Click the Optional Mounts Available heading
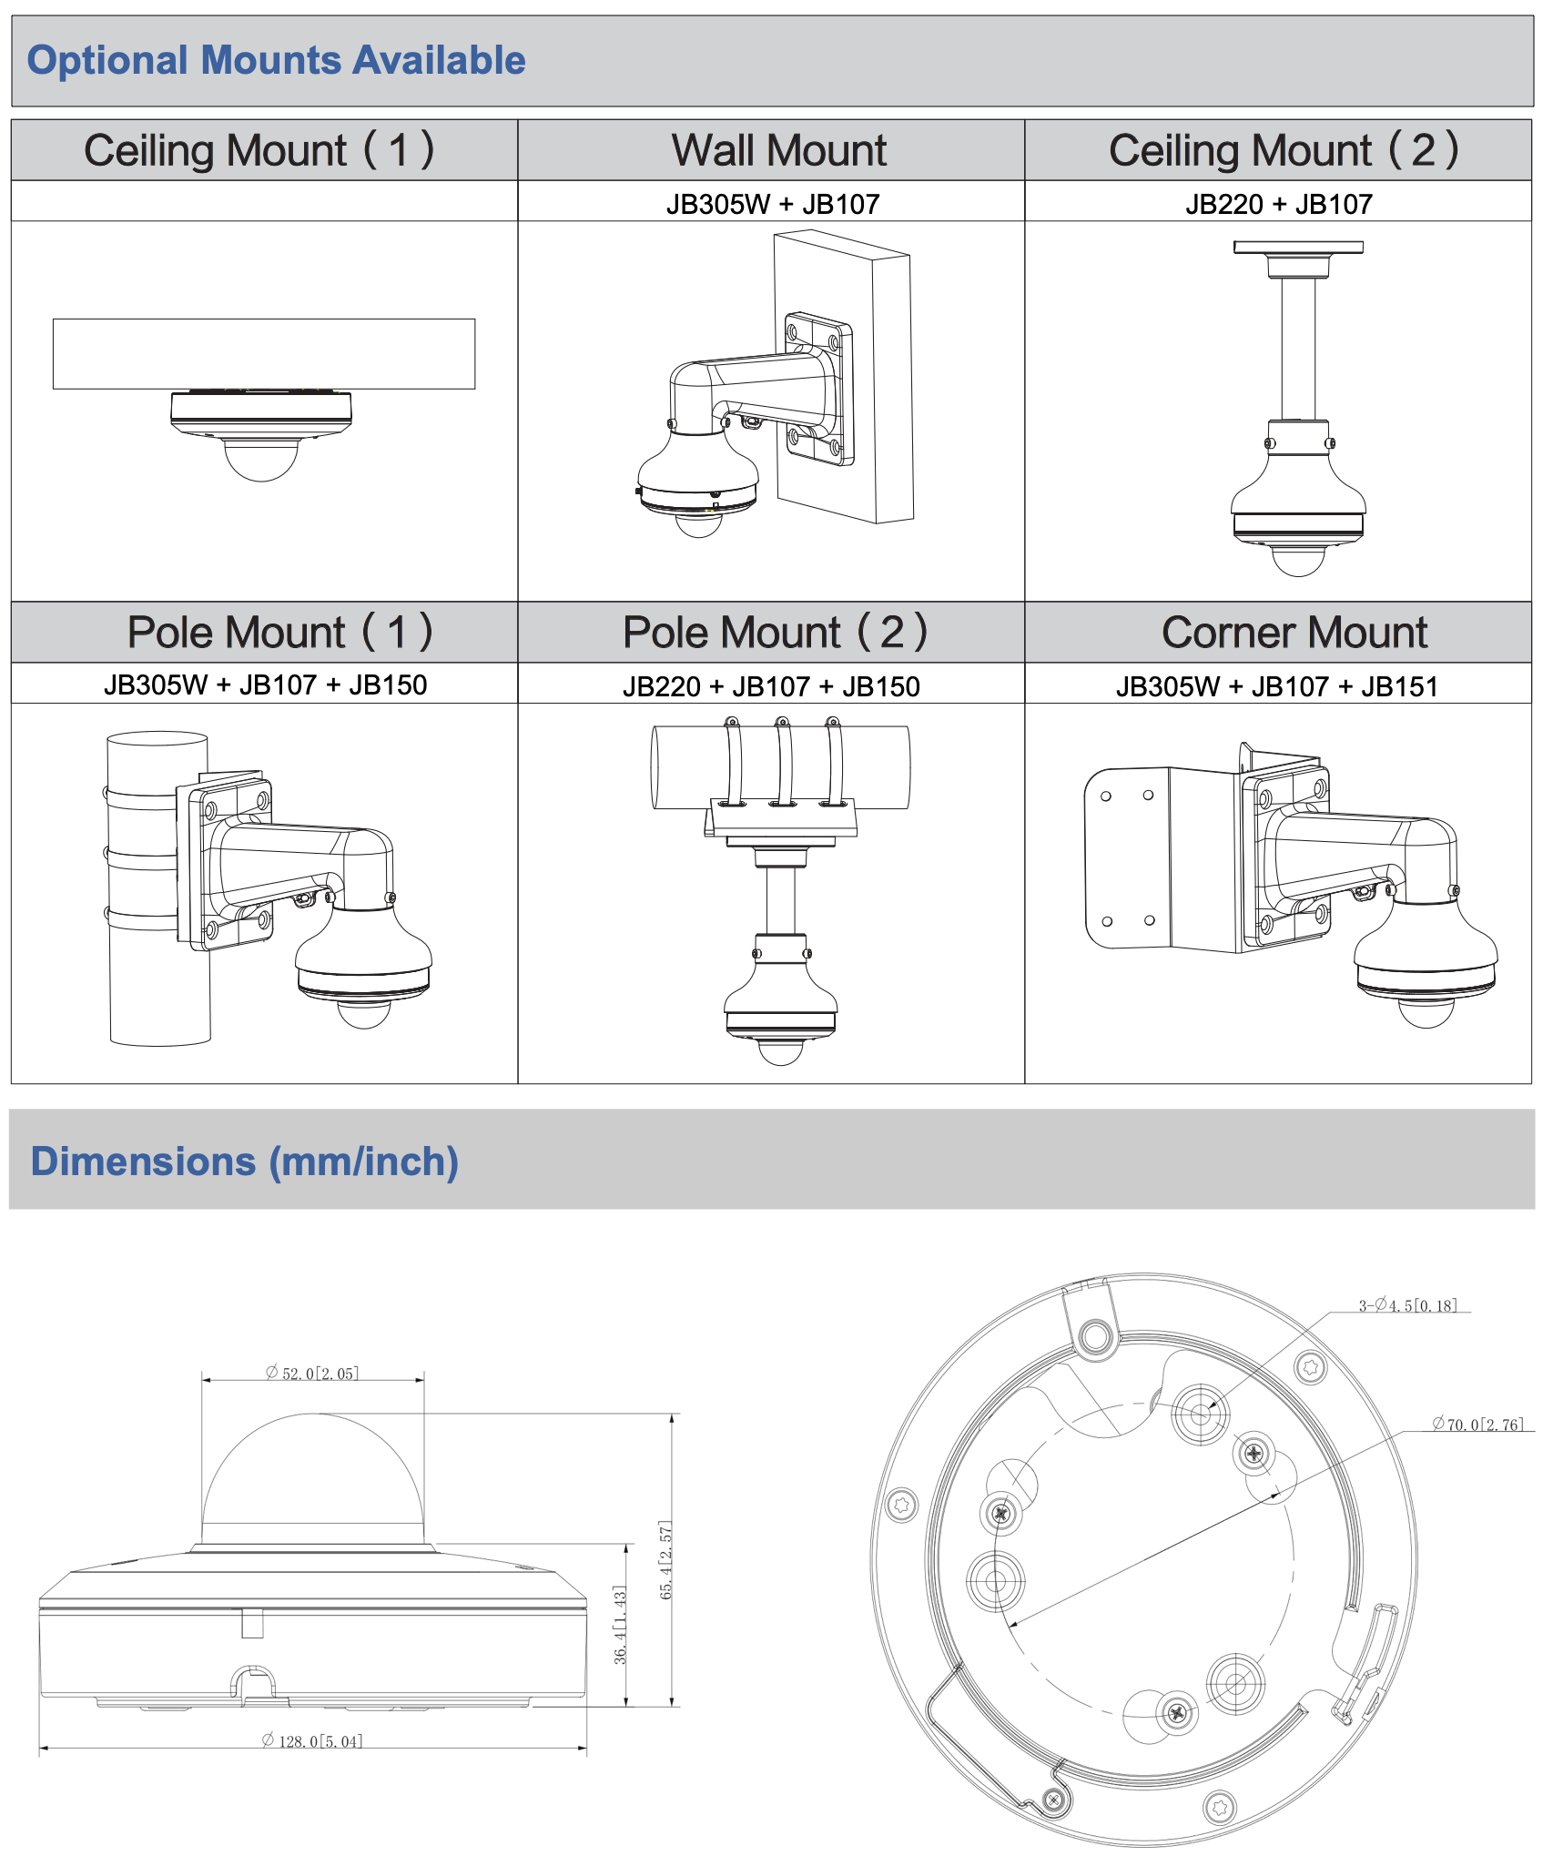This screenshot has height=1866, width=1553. point(276,60)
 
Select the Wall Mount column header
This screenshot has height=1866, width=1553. point(778,150)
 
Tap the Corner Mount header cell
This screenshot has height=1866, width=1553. point(1294,633)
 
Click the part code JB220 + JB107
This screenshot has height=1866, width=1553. point(1278,204)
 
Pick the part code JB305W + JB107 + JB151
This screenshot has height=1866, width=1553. point(1276,686)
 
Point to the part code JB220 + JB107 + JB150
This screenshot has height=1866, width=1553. point(771,686)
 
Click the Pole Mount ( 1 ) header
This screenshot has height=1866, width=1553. point(279,633)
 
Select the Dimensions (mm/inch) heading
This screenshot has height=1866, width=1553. point(244,1161)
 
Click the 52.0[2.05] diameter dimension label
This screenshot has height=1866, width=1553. point(312,1373)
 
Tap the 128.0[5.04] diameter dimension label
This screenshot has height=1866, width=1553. point(312,1741)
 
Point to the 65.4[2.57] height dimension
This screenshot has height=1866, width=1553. point(665,1560)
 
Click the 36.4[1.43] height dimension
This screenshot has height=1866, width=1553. point(620,1625)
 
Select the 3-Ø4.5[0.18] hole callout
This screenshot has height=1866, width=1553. point(1407,1305)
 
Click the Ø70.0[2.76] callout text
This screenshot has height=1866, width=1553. point(1477,1425)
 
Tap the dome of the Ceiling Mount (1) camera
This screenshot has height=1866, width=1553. point(261,460)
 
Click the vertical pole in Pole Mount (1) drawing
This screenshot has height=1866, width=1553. point(157,983)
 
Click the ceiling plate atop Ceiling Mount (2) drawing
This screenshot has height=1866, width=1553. point(1298,248)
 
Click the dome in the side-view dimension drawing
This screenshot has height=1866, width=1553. point(312,1475)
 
